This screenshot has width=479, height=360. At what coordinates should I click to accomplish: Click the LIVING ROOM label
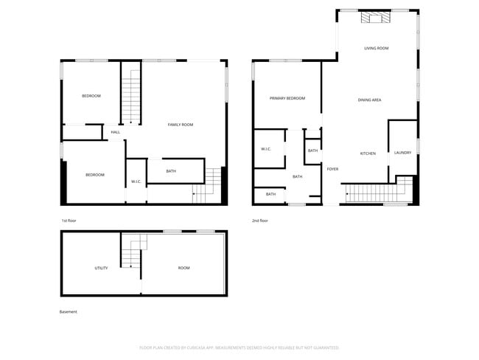click(x=376, y=49)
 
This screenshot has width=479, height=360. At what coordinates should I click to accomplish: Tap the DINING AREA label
click(x=369, y=100)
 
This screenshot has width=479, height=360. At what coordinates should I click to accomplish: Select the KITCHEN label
click(x=368, y=153)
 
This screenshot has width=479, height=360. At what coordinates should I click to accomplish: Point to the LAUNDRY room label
click(x=402, y=153)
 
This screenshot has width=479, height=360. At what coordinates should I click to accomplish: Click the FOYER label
click(x=333, y=169)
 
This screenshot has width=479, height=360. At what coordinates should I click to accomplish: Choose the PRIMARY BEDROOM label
click(x=287, y=98)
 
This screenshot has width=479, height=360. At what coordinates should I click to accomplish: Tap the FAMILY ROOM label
click(x=181, y=125)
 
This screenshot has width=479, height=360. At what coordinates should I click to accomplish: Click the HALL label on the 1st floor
click(x=116, y=133)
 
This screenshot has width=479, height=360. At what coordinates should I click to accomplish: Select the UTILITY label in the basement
click(x=101, y=268)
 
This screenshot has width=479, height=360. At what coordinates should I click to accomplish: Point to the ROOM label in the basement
click(x=183, y=268)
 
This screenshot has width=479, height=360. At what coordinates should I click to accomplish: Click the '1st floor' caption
click(x=69, y=221)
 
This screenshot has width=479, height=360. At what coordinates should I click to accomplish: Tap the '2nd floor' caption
click(x=259, y=221)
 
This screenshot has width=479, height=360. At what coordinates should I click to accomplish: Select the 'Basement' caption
click(x=68, y=312)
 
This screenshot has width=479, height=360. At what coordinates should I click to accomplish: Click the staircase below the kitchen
click(x=375, y=193)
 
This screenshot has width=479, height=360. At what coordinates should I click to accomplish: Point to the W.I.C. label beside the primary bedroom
click(x=266, y=149)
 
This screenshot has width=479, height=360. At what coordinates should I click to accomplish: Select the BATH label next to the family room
click(x=171, y=172)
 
